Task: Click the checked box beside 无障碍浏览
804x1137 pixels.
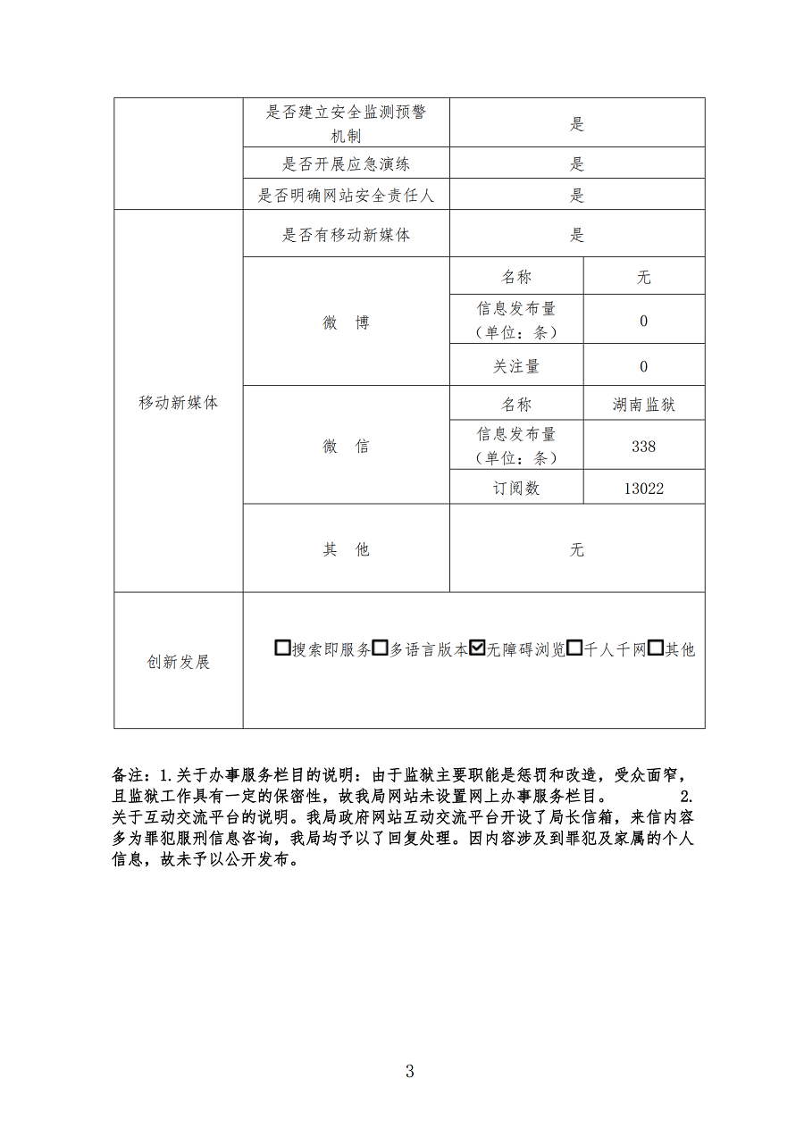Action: (477, 648)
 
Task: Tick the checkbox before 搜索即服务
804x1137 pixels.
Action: (283, 648)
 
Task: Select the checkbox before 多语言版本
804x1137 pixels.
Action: (380, 648)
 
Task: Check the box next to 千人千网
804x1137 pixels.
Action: (575, 648)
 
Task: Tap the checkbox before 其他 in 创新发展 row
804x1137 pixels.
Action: (655, 648)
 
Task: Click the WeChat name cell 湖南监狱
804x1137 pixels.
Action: (644, 405)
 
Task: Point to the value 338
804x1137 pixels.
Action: (644, 446)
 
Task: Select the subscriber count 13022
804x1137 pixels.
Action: (644, 488)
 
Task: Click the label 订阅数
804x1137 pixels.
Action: (516, 488)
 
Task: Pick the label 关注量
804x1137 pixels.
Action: (516, 366)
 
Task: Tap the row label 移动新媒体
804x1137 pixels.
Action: (179, 402)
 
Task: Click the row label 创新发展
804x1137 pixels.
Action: (179, 662)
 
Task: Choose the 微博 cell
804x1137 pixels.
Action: (346, 322)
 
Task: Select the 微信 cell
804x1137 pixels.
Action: (346, 446)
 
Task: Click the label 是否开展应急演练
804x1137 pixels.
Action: (346, 164)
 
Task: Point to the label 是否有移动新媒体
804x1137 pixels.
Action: (346, 235)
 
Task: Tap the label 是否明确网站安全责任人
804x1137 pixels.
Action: (346, 196)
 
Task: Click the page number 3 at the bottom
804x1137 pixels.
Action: (409, 1072)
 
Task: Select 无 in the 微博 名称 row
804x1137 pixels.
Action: (644, 278)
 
